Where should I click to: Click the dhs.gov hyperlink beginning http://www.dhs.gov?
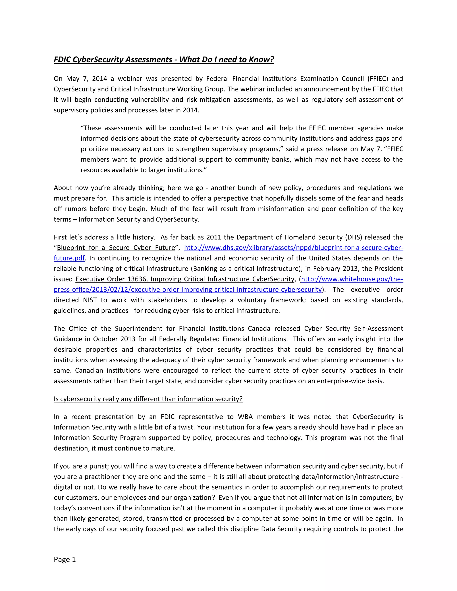click(x=293, y=248)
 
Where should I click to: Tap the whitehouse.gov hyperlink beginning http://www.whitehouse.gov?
click(x=352, y=279)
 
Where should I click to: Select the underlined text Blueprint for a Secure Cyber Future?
click(x=116, y=248)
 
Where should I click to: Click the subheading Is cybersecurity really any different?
click(x=148, y=399)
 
